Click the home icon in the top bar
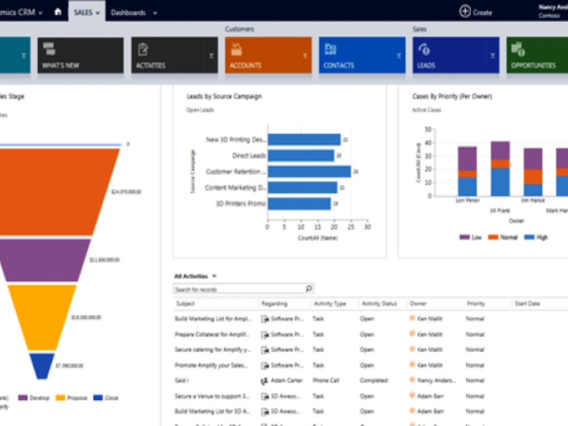(57, 11)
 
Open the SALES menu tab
(86, 12)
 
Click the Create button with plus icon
(475, 11)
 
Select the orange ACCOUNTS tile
(268, 55)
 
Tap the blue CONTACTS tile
(362, 55)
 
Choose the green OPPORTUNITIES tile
(537, 55)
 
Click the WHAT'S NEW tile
(80, 55)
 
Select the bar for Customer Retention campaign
(309, 172)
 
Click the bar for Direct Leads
(300, 156)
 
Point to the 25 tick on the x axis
(350, 227)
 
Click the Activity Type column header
(329, 304)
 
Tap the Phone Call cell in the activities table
(324, 381)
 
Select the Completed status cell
(373, 381)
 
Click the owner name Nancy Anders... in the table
(436, 381)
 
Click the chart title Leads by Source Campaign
(224, 97)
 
